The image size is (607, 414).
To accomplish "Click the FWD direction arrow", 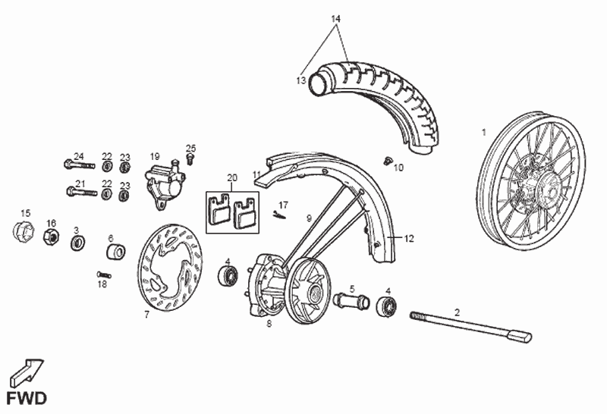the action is point(27,373).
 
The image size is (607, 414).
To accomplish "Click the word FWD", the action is point(27,399).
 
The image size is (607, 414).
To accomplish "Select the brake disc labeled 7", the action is point(170,268).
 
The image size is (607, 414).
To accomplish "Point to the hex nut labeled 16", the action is point(51,236).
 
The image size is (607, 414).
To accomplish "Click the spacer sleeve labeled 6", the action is point(116,252).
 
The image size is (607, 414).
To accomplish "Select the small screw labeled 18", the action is point(104,274).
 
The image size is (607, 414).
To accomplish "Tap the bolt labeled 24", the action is point(80,165).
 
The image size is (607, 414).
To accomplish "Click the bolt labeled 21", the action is point(82,192).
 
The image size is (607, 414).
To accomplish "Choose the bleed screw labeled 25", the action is point(190,158).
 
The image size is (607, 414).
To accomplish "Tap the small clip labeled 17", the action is point(279,215).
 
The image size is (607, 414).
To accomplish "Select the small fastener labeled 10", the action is point(387,162).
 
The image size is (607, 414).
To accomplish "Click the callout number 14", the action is point(335,18).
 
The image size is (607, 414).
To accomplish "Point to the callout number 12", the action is point(409,239).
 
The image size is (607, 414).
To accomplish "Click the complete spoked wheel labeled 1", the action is point(530,180).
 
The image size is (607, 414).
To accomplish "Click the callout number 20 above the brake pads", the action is point(232,178).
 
